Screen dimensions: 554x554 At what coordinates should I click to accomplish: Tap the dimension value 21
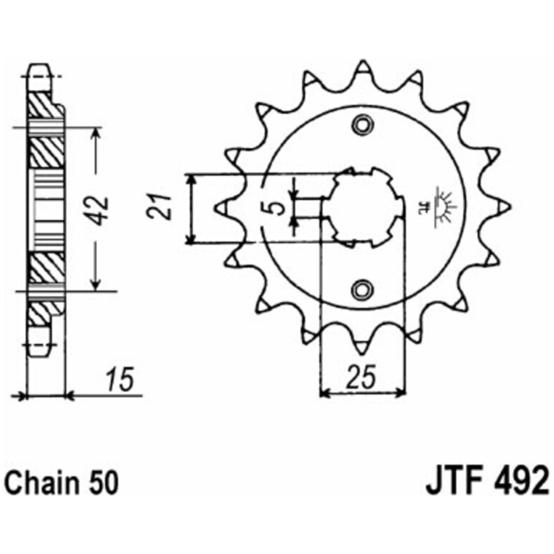159,206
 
